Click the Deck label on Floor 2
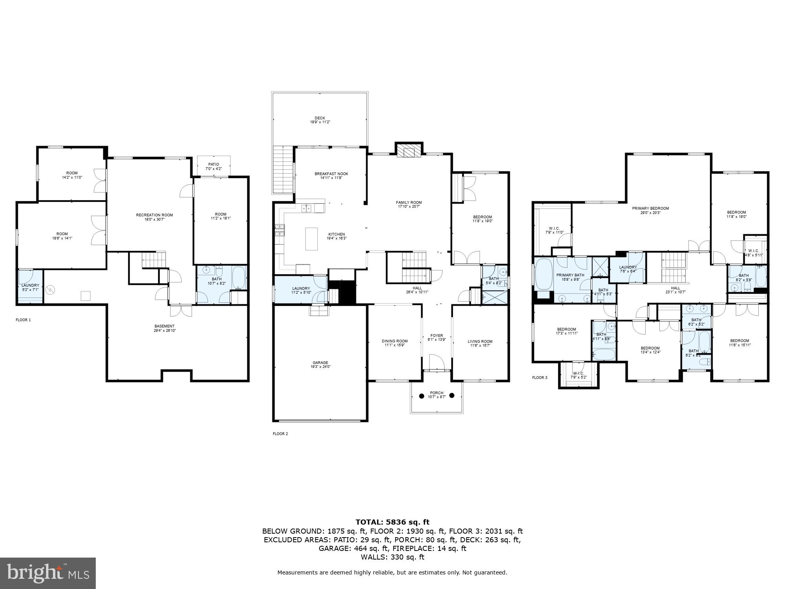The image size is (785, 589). (319, 120)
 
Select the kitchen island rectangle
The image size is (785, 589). (311, 239)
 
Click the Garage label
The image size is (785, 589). (320, 365)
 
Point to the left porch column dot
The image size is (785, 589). (422, 396)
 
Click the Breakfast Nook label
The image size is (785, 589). (331, 176)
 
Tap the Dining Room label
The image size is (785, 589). (394, 343)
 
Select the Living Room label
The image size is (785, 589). (480, 343)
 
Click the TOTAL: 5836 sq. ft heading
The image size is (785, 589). (392, 522)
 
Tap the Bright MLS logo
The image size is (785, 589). (48, 573)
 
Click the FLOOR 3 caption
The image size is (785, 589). (539, 378)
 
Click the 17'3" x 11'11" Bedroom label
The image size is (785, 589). (566, 331)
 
